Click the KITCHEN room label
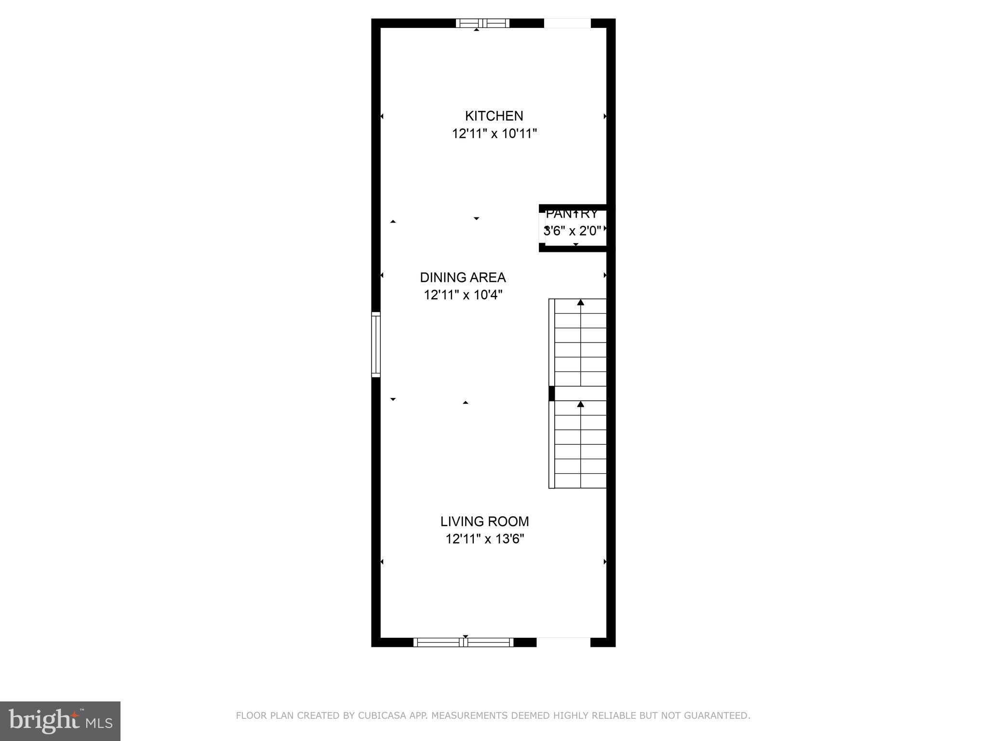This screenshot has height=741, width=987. point(493,116)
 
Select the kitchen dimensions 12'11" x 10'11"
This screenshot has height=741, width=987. point(494,134)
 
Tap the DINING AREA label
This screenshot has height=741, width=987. point(463,277)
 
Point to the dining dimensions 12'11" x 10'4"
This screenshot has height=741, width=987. point(463,295)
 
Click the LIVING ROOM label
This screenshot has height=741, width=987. point(484,521)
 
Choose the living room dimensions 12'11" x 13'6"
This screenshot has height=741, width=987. point(484,539)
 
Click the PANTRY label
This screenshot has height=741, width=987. point(572,214)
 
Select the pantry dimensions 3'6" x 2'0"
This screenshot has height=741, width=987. point(572,231)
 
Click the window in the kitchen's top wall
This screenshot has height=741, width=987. point(482,23)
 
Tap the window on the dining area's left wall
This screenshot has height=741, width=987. point(376,344)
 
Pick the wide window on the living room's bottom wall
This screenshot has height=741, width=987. point(464,642)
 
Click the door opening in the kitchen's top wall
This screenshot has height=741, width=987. point(567,23)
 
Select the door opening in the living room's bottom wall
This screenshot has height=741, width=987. point(563,642)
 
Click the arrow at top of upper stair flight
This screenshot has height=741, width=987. point(581,302)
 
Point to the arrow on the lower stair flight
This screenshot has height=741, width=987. point(581,404)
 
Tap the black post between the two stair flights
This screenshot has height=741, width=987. point(552,393)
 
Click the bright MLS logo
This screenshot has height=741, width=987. point(60,721)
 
